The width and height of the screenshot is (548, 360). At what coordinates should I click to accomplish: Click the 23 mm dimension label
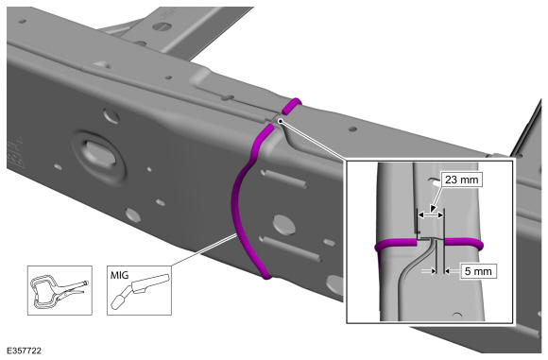461,180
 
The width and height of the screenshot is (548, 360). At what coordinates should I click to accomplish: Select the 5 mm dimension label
478,271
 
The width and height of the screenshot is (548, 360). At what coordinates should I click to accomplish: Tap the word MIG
120,275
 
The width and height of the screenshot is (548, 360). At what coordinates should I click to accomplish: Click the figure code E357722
24,351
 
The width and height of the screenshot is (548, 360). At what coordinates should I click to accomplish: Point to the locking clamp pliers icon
60,291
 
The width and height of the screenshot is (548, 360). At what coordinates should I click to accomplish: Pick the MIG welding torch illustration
141,289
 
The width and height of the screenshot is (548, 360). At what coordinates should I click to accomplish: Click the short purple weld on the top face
291,106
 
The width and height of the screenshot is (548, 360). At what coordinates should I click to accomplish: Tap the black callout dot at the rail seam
280,121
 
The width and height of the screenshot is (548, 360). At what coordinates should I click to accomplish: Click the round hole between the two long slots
283,225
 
